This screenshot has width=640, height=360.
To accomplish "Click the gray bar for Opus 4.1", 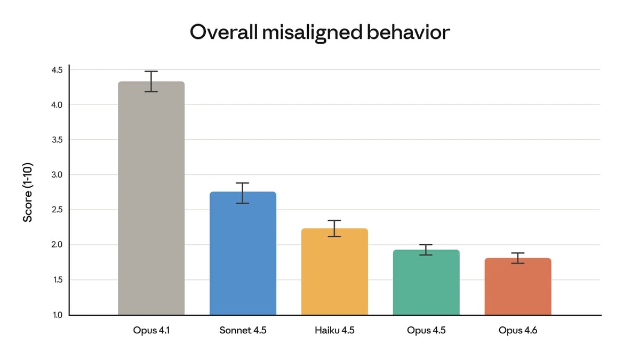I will [x=151, y=203].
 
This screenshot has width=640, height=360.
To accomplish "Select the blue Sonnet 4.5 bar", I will [x=243, y=256].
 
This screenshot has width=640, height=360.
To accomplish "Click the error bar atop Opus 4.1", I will [x=151, y=81].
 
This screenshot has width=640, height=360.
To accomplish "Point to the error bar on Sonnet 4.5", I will [x=243, y=193].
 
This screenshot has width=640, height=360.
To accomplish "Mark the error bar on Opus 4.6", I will [x=518, y=258].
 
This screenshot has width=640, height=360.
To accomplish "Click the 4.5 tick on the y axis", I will [x=57, y=70].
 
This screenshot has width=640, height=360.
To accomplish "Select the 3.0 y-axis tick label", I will [x=57, y=175].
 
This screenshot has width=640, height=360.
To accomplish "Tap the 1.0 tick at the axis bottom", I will [x=57, y=315].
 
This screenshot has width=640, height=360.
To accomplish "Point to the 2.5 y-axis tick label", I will [x=57, y=210].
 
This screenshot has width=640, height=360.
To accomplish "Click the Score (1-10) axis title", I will [x=28, y=192].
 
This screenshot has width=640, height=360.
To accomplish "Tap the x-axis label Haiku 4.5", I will [x=334, y=330].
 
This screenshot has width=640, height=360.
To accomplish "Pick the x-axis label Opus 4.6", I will [x=518, y=330].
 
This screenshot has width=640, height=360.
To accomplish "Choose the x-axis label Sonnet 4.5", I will [x=243, y=330].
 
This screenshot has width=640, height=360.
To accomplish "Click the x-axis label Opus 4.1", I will [x=151, y=330].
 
